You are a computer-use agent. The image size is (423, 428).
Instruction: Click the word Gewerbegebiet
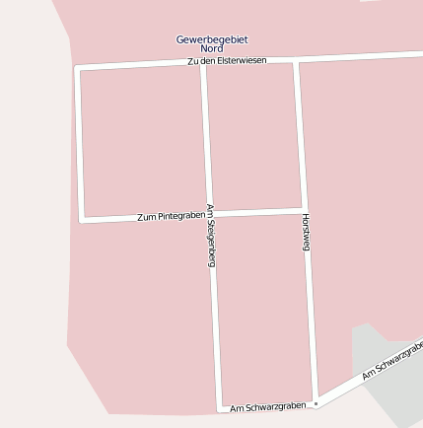(x=211, y=38)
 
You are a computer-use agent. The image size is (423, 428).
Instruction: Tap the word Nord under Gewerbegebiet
(x=211, y=48)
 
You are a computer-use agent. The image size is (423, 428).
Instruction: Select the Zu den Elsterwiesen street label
(x=226, y=61)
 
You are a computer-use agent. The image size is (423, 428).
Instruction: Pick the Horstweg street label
(x=306, y=231)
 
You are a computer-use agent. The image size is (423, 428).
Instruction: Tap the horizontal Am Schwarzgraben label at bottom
(x=267, y=406)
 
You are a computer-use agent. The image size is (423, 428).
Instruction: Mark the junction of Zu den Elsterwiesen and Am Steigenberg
(x=202, y=63)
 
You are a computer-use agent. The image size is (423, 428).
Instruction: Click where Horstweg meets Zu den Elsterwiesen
(x=295, y=60)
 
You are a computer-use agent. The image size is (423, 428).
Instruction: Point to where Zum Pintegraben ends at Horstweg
(x=303, y=210)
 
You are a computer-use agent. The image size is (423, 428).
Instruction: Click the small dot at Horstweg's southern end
(x=316, y=403)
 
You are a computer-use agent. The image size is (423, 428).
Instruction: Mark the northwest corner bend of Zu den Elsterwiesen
(x=77, y=68)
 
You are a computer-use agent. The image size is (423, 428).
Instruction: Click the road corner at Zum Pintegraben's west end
(x=82, y=220)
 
